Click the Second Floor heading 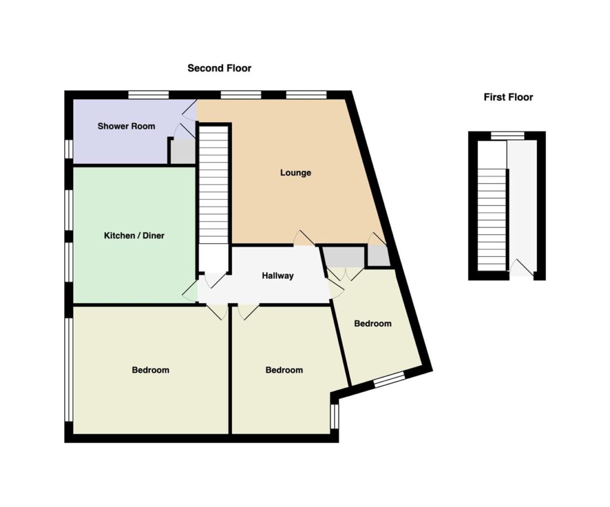(x=219, y=68)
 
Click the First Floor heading (x=508, y=97)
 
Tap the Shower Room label (x=126, y=126)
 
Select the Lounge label (x=295, y=173)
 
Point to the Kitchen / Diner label (x=134, y=235)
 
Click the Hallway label (x=278, y=276)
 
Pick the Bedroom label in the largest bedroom (x=151, y=369)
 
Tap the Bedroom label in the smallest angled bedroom (x=373, y=324)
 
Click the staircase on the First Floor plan (x=492, y=219)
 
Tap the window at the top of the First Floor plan (x=508, y=135)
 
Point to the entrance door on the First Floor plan (x=522, y=269)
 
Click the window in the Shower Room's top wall (x=148, y=95)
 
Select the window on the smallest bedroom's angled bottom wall (x=390, y=379)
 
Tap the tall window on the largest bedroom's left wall (x=69, y=369)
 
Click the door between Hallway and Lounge (x=304, y=238)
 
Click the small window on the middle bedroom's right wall (x=334, y=416)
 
